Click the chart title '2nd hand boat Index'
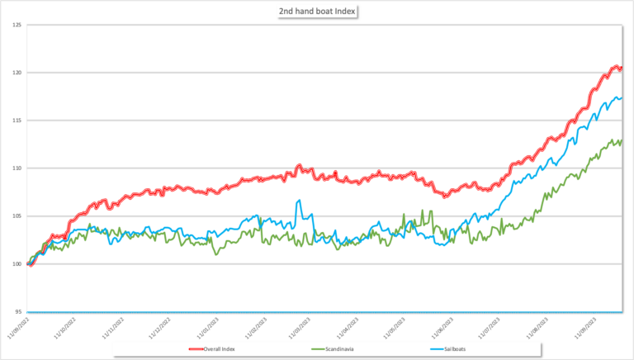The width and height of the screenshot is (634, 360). [x=317, y=12]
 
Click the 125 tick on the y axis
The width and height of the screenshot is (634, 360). [x=17, y=25]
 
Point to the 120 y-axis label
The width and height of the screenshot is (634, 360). [x=17, y=73]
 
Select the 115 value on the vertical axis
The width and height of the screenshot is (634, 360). [x=17, y=121]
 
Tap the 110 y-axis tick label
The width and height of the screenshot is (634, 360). [x=17, y=168]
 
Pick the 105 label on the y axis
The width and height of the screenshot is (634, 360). [x=17, y=216]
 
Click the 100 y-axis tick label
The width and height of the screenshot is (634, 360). [x=17, y=264]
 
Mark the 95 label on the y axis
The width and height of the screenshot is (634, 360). [x=17, y=312]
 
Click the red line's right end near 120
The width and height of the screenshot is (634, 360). [x=621, y=68]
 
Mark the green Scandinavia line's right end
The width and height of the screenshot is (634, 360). [x=621, y=140]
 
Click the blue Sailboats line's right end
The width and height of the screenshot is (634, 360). [x=621, y=97]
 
